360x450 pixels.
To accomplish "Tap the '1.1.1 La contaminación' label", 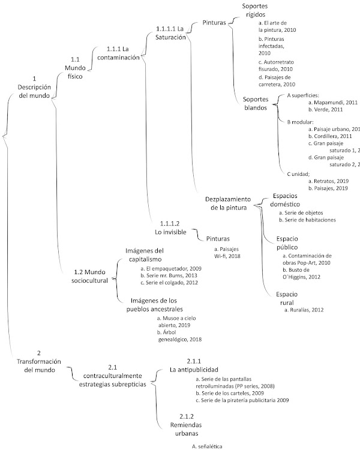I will tap(122, 53).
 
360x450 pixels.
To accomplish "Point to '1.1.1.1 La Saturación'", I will tap(169, 32).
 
